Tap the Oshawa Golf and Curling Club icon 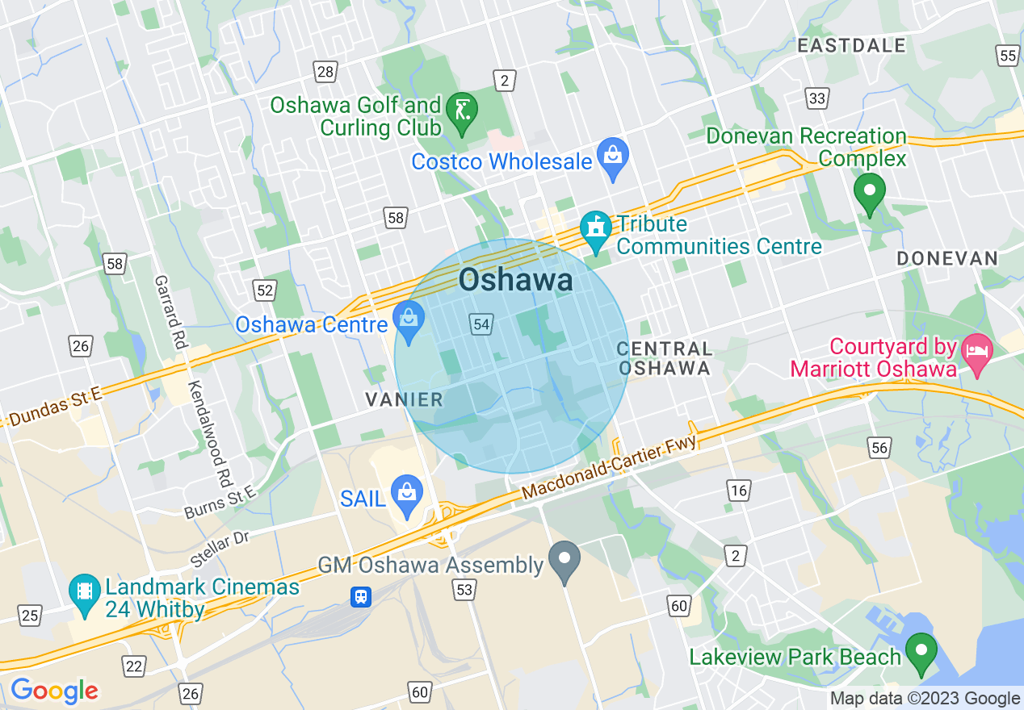coord(462,109)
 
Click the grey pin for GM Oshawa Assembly coord(564,560)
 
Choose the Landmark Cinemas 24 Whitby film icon coord(84,591)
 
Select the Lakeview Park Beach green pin coord(920,651)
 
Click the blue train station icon coord(360,596)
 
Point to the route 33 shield coord(817,98)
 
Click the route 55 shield coord(1007,55)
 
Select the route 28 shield coord(325,72)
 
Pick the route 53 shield coord(464,591)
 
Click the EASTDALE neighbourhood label coord(851,46)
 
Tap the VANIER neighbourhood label coord(404,399)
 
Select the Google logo coord(54,691)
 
